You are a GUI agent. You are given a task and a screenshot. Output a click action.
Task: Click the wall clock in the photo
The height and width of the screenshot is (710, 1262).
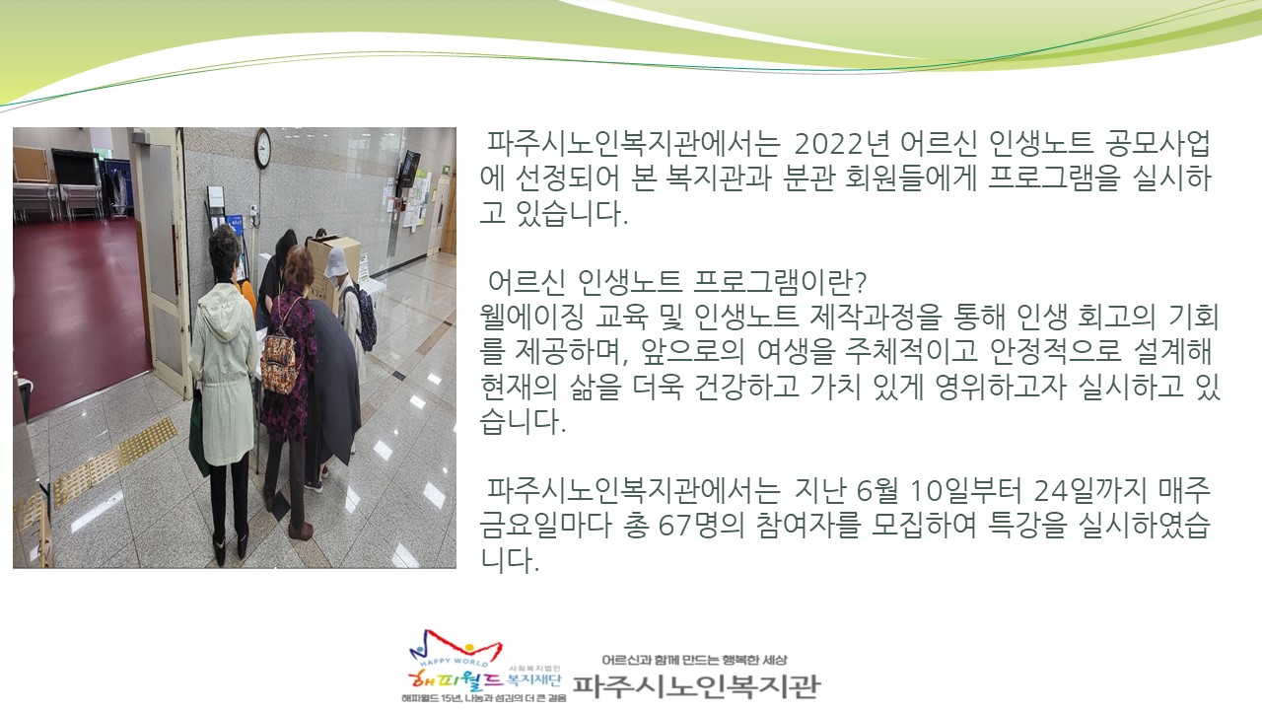click(x=262, y=148)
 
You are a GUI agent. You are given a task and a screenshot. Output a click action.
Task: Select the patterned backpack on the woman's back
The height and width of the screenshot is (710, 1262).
click(x=279, y=360)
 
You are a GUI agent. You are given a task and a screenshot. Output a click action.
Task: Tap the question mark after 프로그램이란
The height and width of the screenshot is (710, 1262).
click(x=860, y=282)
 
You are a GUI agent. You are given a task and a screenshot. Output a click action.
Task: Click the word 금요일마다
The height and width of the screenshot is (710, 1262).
click(x=546, y=525)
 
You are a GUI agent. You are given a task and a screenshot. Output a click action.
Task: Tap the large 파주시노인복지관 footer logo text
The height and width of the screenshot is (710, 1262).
click(x=697, y=686)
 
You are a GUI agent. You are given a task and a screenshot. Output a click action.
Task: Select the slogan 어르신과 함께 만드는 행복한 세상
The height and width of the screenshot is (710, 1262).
click(x=694, y=660)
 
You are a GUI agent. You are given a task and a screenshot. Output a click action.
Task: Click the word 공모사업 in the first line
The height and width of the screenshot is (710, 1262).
click(x=1157, y=145)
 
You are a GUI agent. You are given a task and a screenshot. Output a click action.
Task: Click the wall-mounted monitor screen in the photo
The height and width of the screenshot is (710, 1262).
click(x=409, y=168)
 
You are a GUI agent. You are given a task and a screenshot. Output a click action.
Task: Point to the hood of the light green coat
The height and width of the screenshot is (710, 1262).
click(x=222, y=311)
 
